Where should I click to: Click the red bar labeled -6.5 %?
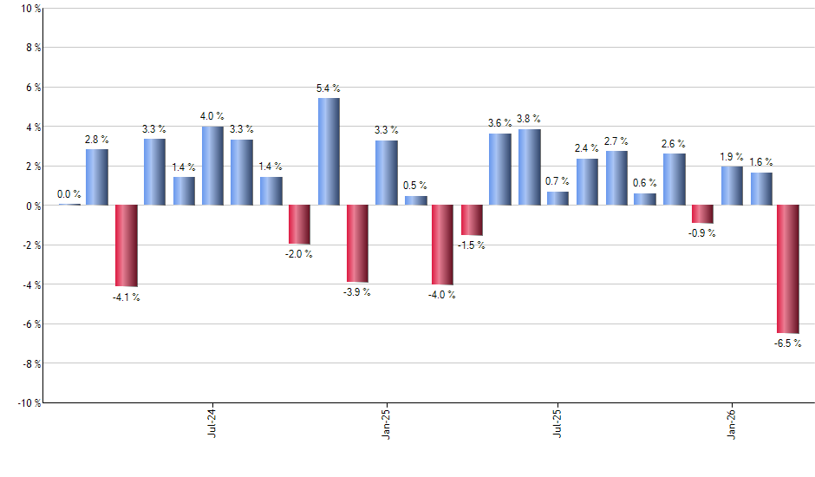[x=788, y=269]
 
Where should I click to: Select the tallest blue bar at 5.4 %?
[x=329, y=152]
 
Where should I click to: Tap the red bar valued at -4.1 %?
[x=127, y=245]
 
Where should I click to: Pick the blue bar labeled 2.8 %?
[x=97, y=177]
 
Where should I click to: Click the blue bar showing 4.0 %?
[x=212, y=166]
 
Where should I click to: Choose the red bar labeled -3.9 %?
[x=357, y=244]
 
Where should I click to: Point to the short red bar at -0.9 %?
[x=702, y=214]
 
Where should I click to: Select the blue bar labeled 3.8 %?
[x=529, y=167]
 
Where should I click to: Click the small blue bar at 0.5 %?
[x=415, y=200]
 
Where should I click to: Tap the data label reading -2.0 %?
[x=299, y=254]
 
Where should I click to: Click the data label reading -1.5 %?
[x=472, y=245]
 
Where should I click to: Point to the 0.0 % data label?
[x=68, y=194]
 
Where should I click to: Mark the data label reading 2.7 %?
[x=616, y=140]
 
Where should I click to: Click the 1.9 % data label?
[x=731, y=156]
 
